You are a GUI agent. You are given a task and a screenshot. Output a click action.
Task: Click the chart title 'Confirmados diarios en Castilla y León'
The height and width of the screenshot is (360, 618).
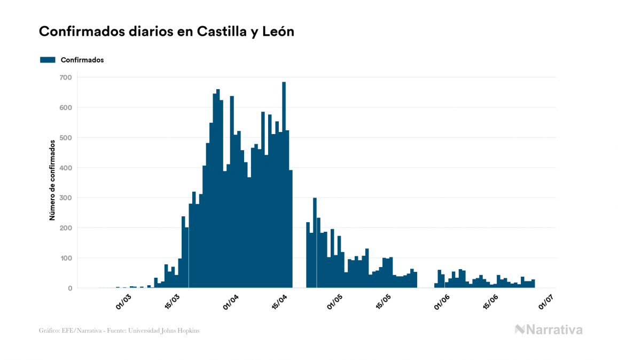167,32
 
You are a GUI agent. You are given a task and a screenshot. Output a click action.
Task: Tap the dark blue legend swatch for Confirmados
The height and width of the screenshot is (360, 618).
48,60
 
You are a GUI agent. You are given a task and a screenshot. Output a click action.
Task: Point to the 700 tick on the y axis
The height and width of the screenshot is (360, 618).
66,77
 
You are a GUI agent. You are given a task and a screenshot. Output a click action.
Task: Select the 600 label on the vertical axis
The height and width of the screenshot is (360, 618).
66,107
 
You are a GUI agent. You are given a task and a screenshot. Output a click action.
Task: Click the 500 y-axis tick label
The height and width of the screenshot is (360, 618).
66,138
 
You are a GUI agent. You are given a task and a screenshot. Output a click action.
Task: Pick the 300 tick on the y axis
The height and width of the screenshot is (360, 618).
66,198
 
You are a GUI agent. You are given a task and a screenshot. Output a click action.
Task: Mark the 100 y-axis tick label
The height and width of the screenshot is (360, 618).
66,259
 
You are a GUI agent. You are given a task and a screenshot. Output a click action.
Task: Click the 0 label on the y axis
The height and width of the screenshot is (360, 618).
69,288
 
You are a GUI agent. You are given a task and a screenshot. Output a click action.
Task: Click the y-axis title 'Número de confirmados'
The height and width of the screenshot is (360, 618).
52,181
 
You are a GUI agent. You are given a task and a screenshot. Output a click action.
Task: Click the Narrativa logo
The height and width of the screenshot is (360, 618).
549,330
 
